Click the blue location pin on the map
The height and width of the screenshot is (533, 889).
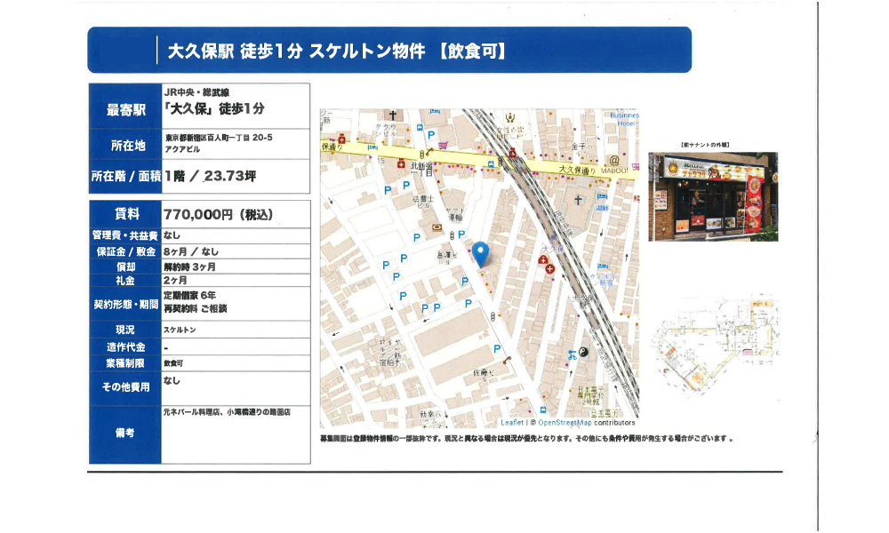click(481, 253)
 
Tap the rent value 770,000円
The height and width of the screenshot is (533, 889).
click(218, 214)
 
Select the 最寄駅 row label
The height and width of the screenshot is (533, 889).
click(124, 110)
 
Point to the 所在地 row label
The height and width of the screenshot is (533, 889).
click(124, 145)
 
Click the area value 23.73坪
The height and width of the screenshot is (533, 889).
click(229, 177)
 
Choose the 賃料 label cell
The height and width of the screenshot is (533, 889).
click(124, 214)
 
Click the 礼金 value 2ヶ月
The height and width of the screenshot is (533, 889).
click(176, 280)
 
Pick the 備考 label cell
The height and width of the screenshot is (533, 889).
click(124, 434)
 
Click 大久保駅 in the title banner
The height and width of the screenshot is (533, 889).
click(201, 51)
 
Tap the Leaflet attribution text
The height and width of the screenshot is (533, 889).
click(512, 423)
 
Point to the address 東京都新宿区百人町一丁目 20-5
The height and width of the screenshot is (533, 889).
click(218, 139)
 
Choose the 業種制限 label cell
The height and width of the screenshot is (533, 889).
click(124, 363)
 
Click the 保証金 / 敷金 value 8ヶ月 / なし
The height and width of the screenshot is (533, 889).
click(191, 251)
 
